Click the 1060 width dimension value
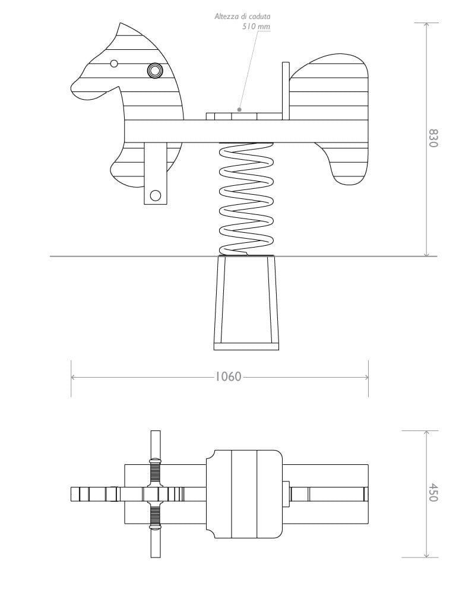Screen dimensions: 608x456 point(228,376)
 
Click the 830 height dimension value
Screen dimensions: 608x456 point(432,138)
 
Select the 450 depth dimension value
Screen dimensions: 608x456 point(432,493)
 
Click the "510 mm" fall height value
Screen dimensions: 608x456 point(256,27)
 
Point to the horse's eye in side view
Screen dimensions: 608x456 point(115,64)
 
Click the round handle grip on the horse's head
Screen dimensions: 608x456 point(155,71)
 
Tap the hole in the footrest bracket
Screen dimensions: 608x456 point(156,195)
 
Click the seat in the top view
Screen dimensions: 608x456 point(243,493)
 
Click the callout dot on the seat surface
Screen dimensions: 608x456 point(239,109)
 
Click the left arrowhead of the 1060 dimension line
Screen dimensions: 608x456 point(72,377)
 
